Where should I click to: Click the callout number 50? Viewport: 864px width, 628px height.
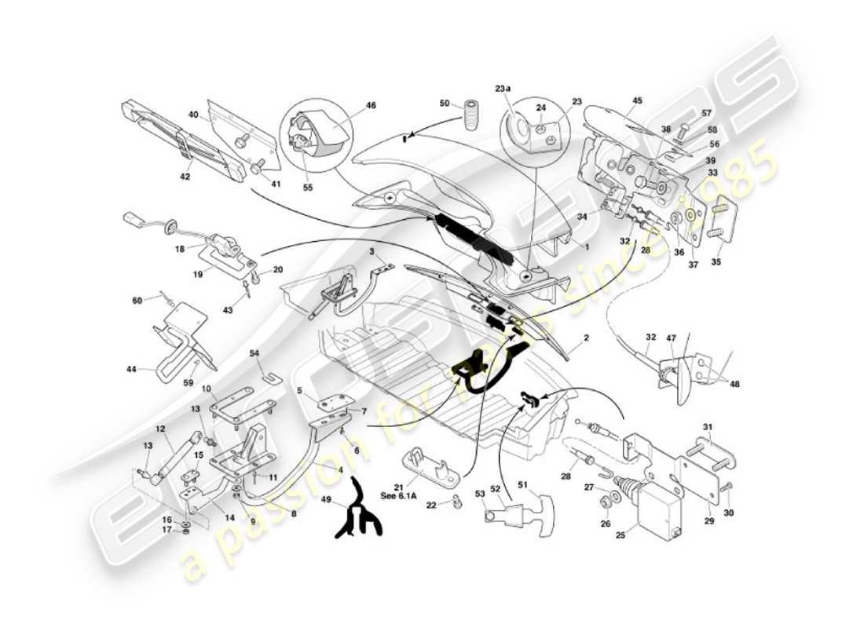pos(445,104)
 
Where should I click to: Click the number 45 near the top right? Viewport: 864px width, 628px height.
pos(637,100)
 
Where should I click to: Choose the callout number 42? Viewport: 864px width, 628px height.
pos(185,177)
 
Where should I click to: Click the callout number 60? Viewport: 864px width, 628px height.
pos(137,301)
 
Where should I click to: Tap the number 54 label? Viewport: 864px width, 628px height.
pos(254,353)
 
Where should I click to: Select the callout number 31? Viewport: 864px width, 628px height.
pos(707,427)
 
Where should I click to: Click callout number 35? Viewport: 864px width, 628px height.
pos(716,261)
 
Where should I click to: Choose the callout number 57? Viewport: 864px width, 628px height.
pos(706,114)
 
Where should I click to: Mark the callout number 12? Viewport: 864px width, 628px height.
pos(159,429)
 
